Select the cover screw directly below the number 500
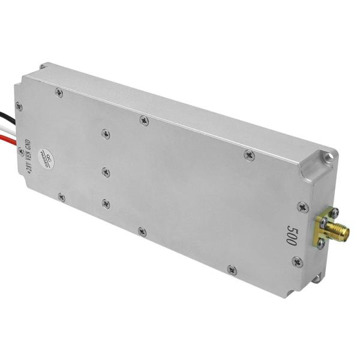point(297,262)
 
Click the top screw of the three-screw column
point(106,134)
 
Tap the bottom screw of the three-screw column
point(106,203)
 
